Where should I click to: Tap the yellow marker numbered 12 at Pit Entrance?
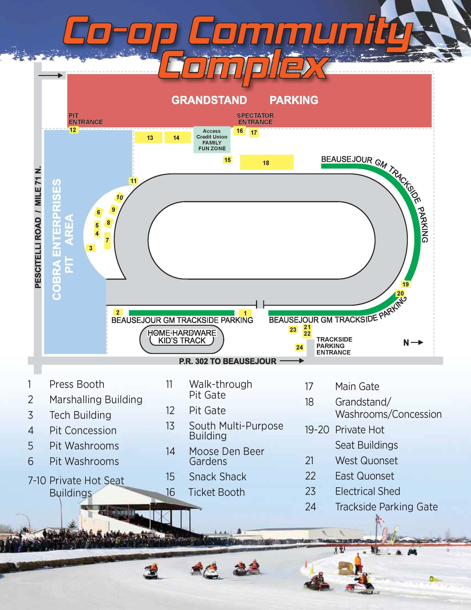click(x=73, y=130)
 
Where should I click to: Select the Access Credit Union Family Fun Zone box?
click(x=212, y=140)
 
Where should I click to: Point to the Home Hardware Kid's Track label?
click(x=182, y=336)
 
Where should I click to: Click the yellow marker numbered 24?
click(x=299, y=347)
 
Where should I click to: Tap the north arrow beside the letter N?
click(x=417, y=342)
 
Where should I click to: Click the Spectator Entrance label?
click(x=255, y=119)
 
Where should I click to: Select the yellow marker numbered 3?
click(x=90, y=248)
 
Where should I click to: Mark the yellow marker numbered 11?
click(x=133, y=181)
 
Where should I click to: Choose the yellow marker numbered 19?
click(x=405, y=284)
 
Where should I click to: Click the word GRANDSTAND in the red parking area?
click(x=209, y=100)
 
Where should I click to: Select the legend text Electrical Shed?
click(x=367, y=491)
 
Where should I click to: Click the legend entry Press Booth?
click(x=77, y=384)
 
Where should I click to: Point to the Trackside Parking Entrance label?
click(x=334, y=346)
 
